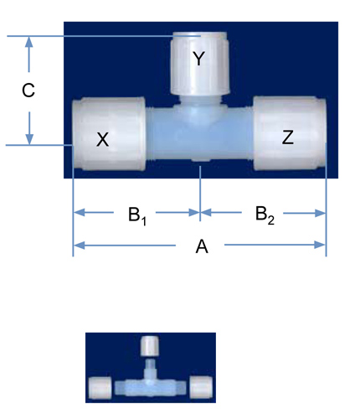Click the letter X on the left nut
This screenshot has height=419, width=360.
point(102,139)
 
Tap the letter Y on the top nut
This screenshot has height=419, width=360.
point(198,59)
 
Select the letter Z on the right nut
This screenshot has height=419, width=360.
point(288,137)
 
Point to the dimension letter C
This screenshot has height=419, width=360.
point(28,91)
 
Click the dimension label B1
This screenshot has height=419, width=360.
point(137,215)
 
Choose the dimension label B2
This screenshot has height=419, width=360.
point(265,215)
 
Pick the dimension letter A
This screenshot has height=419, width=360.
point(202,246)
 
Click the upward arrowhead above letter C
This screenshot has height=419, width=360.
point(28,42)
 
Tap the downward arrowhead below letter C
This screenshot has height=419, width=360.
point(29,139)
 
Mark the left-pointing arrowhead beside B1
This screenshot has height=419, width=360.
point(79,213)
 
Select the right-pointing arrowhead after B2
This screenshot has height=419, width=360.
point(320,213)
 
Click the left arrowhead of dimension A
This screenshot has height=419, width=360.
point(79,246)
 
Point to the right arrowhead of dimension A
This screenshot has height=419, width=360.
point(320,245)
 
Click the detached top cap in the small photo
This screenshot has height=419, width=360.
point(151,346)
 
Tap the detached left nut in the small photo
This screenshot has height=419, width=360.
point(100,387)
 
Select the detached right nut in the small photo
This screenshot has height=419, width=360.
point(201,387)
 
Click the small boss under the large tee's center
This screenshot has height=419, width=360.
point(201,160)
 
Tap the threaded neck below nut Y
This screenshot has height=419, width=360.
point(200,99)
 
